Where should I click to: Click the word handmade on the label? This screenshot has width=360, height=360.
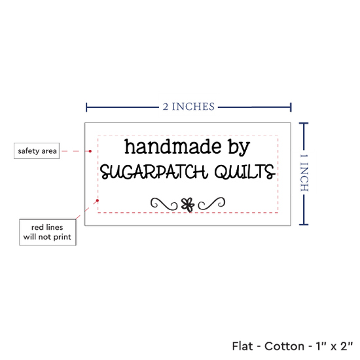[173, 147]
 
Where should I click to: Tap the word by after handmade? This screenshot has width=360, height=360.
[239, 147]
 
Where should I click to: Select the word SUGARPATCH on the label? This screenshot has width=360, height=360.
[154, 171]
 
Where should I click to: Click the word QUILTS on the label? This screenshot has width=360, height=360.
[245, 171]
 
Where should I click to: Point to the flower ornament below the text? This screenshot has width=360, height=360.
[188, 205]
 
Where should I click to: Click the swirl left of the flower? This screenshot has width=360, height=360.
[164, 204]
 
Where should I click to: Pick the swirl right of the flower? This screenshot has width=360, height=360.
[211, 204]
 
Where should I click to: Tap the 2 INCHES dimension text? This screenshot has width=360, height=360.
[189, 107]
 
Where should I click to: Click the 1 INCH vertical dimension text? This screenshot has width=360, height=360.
[304, 173]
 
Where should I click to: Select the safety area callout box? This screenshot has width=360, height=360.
[37, 151]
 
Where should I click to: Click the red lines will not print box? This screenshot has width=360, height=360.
[48, 232]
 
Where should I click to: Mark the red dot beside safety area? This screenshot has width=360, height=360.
[90, 151]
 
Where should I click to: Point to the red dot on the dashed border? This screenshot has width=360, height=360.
[98, 201]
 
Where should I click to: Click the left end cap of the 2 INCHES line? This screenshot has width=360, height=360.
[86, 107]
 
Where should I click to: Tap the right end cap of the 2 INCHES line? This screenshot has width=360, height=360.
[291, 107]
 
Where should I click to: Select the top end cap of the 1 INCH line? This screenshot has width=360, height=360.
[304, 124]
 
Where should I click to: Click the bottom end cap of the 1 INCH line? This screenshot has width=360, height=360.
[304, 225]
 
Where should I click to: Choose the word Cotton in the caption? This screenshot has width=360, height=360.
[284, 346]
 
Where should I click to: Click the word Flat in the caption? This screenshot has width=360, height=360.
[242, 346]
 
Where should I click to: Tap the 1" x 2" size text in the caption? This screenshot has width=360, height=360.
[334, 346]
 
